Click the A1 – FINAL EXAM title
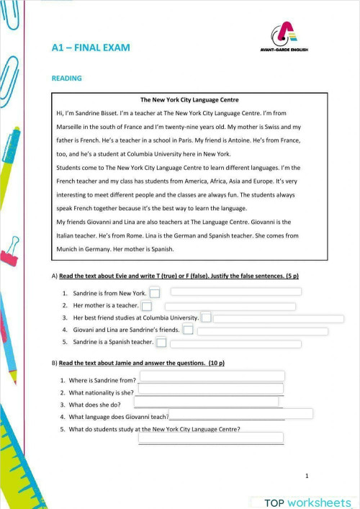point(90,48)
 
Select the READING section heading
point(66,78)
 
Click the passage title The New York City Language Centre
point(189,99)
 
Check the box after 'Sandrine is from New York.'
point(155,293)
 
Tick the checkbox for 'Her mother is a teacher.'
point(147,306)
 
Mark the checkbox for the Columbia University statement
point(206,317)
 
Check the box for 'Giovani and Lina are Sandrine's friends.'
point(188,330)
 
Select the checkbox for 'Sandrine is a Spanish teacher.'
point(161,342)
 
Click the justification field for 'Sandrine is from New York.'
point(235,292)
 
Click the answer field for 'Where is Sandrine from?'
point(212,376)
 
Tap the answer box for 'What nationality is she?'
point(210,389)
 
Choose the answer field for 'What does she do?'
point(206,402)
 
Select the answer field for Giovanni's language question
point(240,413)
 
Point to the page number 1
point(307,476)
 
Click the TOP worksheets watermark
point(307,502)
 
